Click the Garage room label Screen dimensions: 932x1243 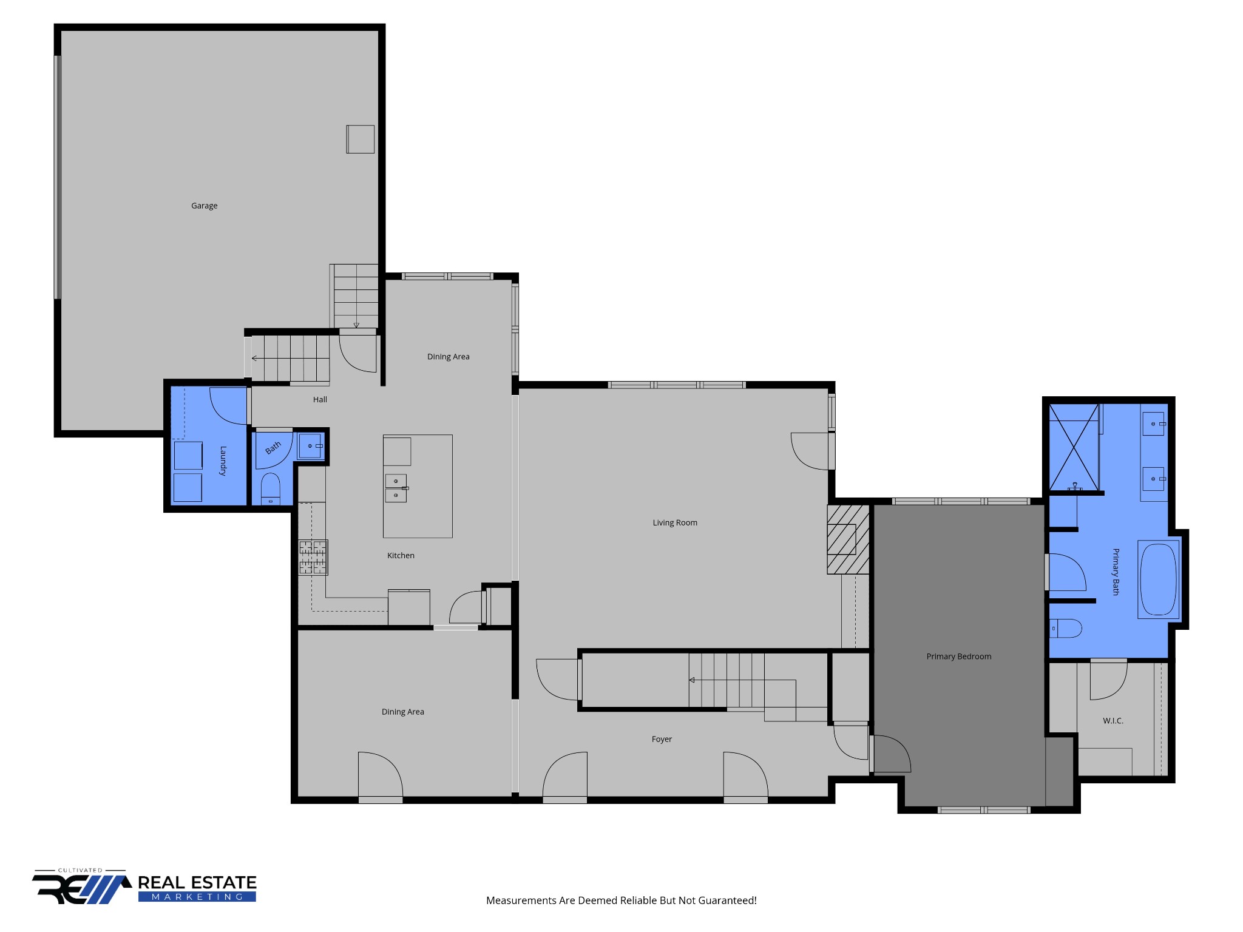[x=204, y=206]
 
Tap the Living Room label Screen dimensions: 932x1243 [x=674, y=522]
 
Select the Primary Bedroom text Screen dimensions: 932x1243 [x=958, y=657]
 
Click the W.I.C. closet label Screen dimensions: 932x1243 [x=1113, y=721]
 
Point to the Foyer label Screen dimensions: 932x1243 [x=662, y=739]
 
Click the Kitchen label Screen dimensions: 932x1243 [x=401, y=555]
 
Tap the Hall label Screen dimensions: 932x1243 [x=320, y=399]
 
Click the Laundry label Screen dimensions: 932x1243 [x=223, y=461]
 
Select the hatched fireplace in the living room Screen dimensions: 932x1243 [x=847, y=539]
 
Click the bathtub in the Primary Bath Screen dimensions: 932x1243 [x=1158, y=579]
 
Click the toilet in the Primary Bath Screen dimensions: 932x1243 [x=1066, y=629]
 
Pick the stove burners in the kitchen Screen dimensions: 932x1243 [x=313, y=557]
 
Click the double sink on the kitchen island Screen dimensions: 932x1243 [x=396, y=488]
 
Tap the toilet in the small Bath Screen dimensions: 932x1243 [x=270, y=488]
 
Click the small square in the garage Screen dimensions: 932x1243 [x=360, y=139]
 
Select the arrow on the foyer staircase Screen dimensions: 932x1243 [x=692, y=680]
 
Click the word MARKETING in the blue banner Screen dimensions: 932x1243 [x=197, y=897]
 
